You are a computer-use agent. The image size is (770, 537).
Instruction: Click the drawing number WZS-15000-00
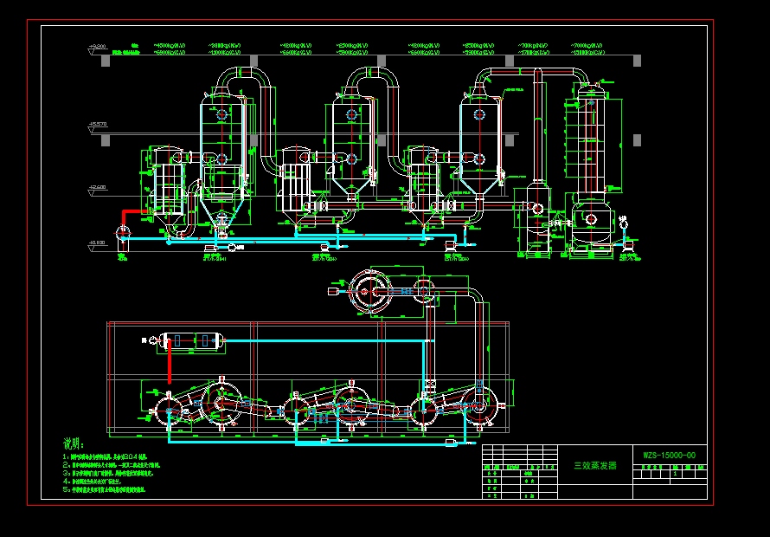[x=668, y=456]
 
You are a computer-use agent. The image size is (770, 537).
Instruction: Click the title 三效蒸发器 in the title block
[x=595, y=465]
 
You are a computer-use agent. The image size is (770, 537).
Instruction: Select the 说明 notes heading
[x=74, y=443]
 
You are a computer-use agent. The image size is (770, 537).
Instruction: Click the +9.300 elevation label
[x=98, y=46]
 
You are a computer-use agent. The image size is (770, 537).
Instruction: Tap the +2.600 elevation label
[x=97, y=186]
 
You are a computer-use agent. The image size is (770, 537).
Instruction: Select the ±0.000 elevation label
[x=97, y=243]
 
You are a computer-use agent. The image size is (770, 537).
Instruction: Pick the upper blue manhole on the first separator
[x=222, y=114]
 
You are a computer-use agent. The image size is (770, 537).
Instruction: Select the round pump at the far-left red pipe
[x=121, y=232]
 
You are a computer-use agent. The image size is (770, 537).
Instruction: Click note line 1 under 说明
[x=104, y=456]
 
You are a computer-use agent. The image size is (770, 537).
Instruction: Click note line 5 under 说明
[x=104, y=489]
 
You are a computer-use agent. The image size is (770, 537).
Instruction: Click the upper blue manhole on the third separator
[x=478, y=113]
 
